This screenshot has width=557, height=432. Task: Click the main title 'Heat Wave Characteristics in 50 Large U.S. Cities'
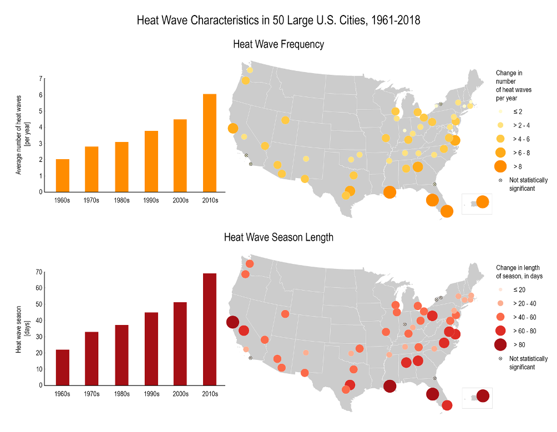tap(278, 21)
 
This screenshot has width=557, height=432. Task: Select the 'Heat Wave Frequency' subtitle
tap(278, 44)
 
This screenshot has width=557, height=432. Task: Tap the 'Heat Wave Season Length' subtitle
tap(278, 237)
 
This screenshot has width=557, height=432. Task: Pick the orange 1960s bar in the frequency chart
tap(63, 175)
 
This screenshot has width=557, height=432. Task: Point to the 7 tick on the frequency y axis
tap(40, 79)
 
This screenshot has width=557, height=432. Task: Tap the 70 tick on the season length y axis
tap(39, 272)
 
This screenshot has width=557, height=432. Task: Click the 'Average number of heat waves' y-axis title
tap(22, 135)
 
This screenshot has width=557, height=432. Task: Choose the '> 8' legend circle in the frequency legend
tap(500, 166)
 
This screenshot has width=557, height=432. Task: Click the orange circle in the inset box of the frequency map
tap(482, 202)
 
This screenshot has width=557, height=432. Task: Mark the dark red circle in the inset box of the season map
tap(483, 396)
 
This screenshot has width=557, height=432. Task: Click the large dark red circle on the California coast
tap(232, 322)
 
